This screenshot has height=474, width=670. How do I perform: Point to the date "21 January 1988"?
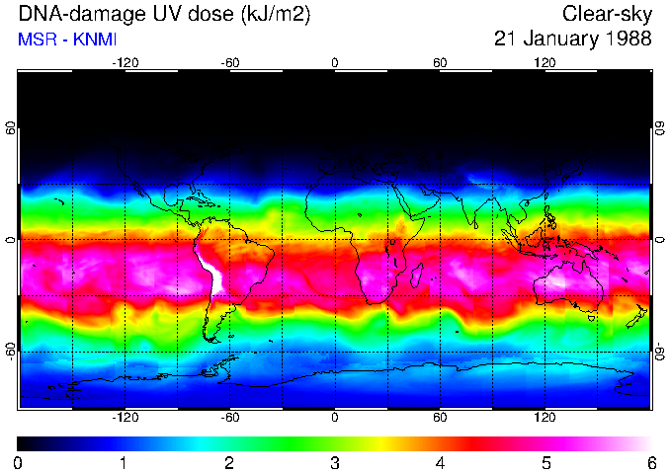click(573, 39)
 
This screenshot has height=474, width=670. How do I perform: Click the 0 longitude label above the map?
click(335, 63)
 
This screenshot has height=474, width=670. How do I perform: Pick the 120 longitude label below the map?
click(545, 418)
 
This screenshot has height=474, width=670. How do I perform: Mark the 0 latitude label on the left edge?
click(11, 239)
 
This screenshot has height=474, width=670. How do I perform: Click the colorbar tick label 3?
click(334, 462)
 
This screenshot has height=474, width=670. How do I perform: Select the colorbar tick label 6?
click(651, 462)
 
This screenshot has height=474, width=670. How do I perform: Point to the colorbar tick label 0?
click(18, 462)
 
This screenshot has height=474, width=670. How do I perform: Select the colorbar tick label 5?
click(545, 462)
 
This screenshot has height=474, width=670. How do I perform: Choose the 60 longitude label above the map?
click(440, 63)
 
